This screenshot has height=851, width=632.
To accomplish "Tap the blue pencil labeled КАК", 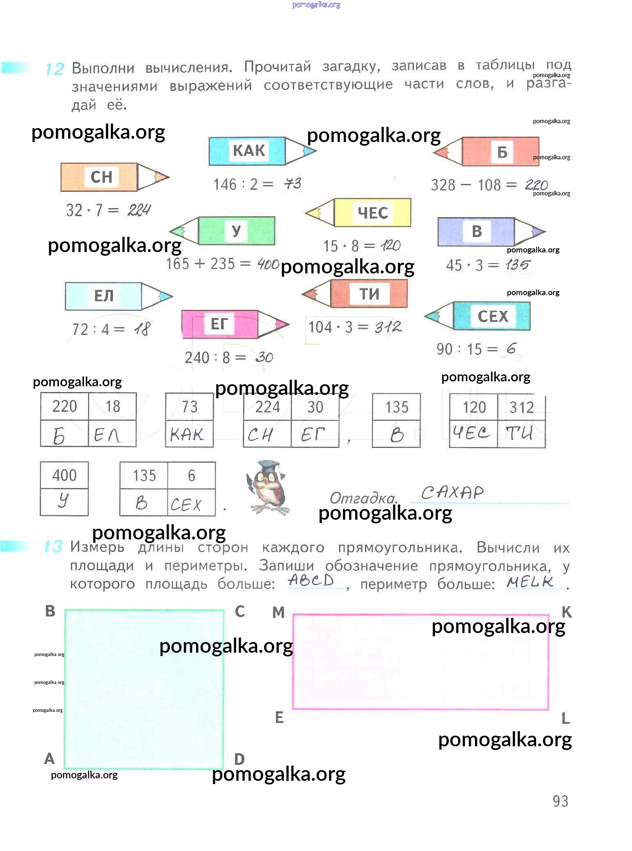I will (x=258, y=151).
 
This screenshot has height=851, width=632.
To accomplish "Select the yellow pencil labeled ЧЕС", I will (x=361, y=213).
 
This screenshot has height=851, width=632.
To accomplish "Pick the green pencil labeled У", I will (x=226, y=231).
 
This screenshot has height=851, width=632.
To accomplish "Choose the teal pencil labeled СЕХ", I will (x=480, y=316).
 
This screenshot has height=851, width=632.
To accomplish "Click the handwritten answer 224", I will (x=139, y=210).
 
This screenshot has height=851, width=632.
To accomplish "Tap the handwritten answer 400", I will (x=268, y=264).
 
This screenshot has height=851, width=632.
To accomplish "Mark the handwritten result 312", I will (x=388, y=327).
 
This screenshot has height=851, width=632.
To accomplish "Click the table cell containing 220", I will (x=64, y=406).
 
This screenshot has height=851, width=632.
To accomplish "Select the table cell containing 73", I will (x=189, y=407).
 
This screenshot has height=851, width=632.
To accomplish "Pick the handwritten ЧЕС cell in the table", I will (x=473, y=434).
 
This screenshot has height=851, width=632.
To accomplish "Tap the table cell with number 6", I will (x=192, y=475).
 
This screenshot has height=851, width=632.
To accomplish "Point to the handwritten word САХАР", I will (x=452, y=492).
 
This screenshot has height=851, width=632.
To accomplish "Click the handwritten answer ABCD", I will (x=311, y=580).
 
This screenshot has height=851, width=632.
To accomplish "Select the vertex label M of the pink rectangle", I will (x=278, y=612).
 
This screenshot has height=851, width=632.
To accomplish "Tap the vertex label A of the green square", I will (x=49, y=758).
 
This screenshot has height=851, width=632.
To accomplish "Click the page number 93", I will (x=560, y=801).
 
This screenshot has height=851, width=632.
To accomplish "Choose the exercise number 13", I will (x=53, y=547).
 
